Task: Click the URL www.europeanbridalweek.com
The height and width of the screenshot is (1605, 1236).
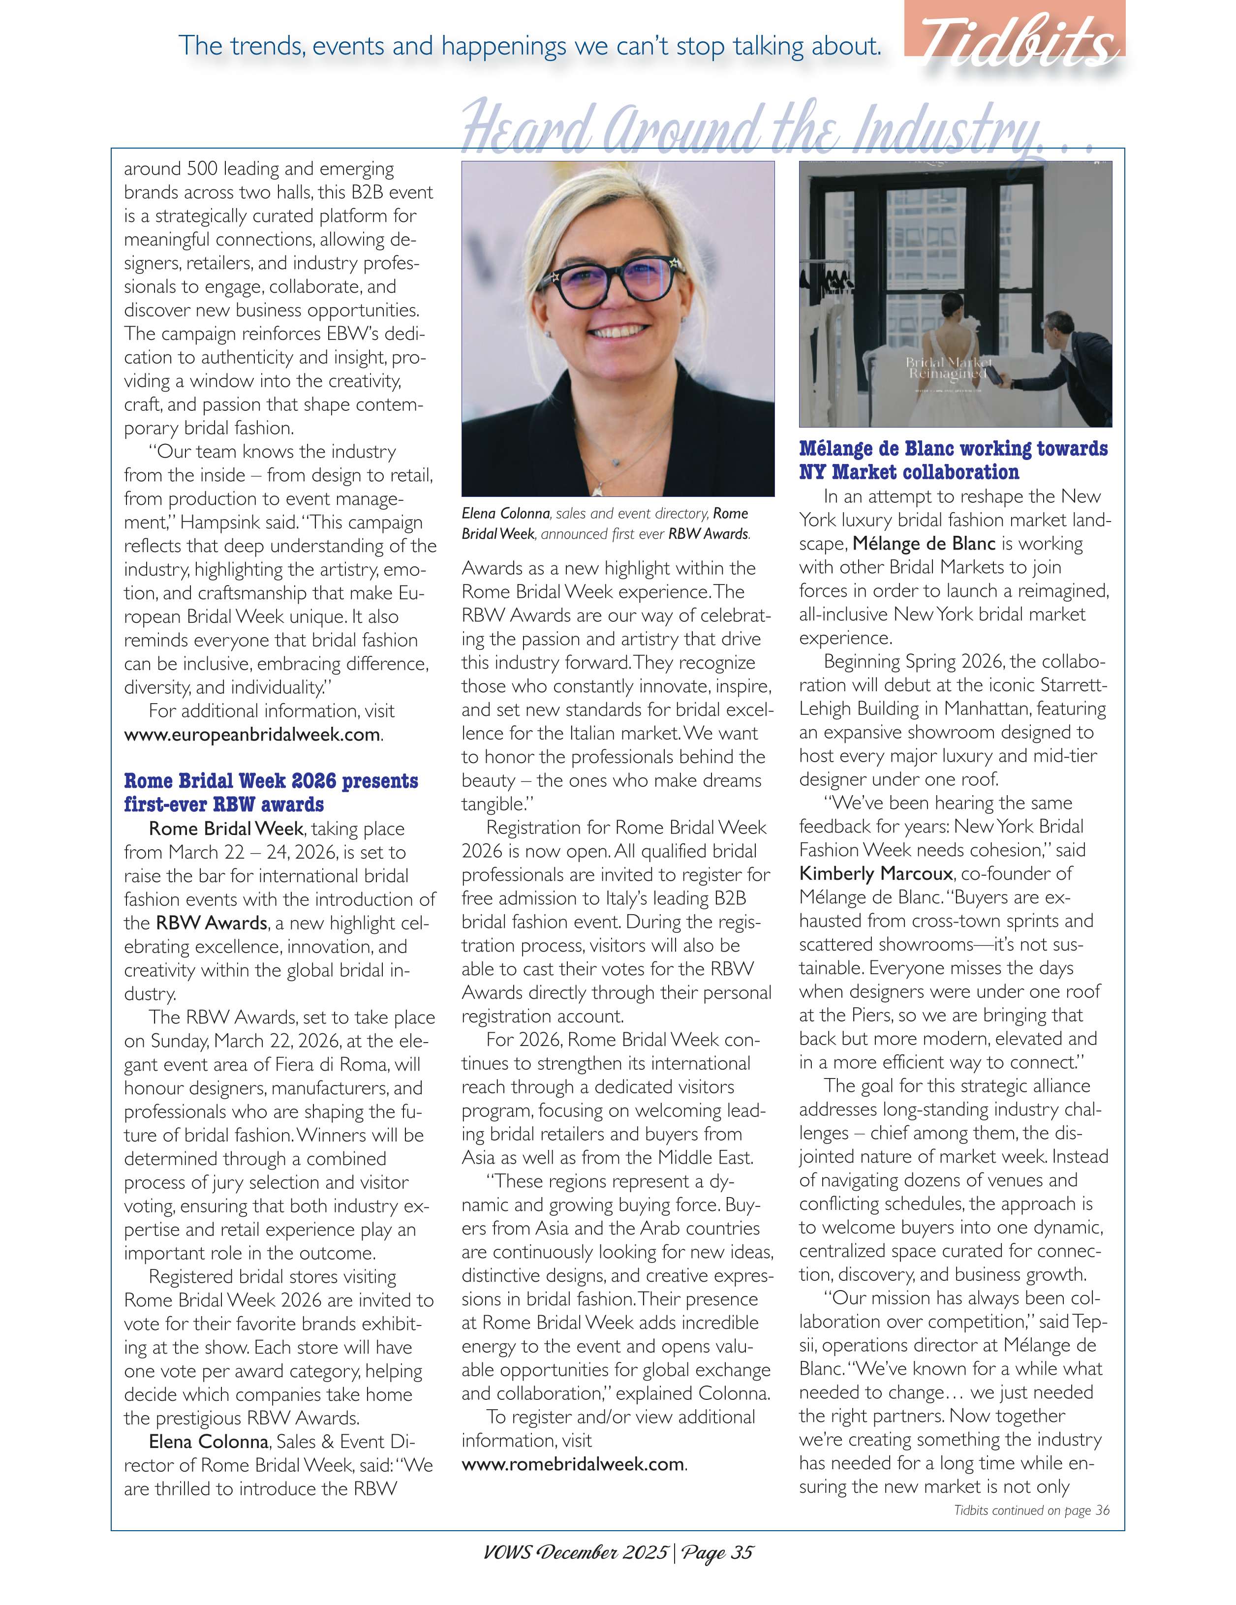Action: pyautogui.click(x=252, y=734)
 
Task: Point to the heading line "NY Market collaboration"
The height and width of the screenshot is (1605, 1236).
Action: pyautogui.click(x=908, y=472)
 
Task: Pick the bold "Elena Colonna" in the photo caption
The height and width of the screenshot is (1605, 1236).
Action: pyautogui.click(x=506, y=514)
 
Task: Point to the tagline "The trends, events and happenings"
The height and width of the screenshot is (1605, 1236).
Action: pyautogui.click(x=529, y=46)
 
